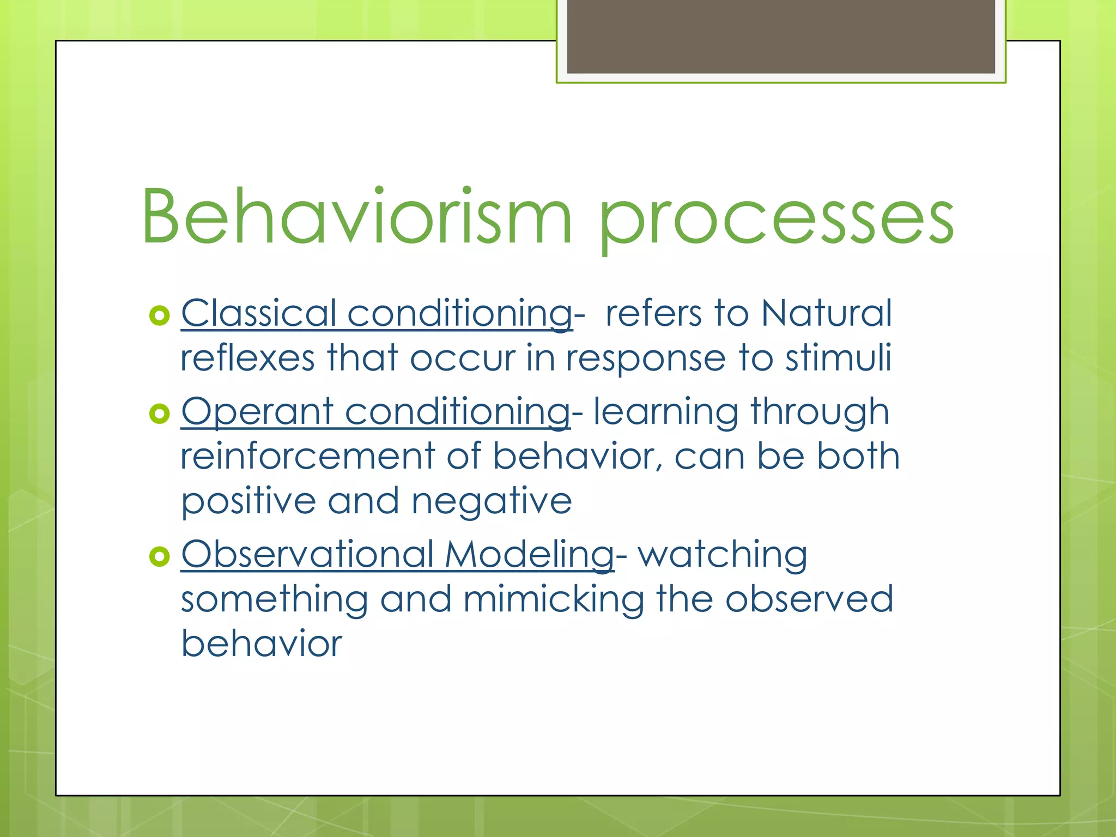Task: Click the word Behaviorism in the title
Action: click(x=357, y=217)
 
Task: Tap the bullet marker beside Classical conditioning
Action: click(x=159, y=316)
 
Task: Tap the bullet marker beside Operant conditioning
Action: click(x=159, y=414)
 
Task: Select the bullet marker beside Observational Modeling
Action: click(x=159, y=556)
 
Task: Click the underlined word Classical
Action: click(x=258, y=313)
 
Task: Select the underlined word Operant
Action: click(x=257, y=412)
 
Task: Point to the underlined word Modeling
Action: click(x=529, y=555)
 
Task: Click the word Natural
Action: click(x=826, y=313)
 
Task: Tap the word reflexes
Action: click(x=247, y=359)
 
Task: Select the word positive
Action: click(x=248, y=501)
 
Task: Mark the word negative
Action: click(x=491, y=501)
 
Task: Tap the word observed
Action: click(x=809, y=599)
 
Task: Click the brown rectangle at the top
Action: click(x=781, y=36)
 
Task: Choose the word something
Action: click(x=275, y=600)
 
